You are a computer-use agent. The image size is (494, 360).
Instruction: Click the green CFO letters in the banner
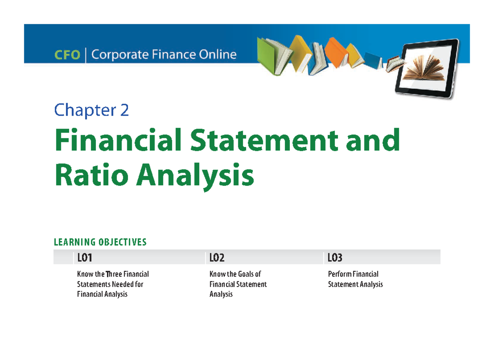(x=67, y=55)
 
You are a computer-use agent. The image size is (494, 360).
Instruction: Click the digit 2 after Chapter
(x=124, y=110)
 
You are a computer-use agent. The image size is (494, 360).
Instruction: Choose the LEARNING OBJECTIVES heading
(x=100, y=242)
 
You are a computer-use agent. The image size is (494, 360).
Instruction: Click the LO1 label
(x=84, y=258)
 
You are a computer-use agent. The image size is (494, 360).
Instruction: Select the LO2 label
(x=217, y=258)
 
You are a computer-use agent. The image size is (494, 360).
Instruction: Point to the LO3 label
(x=335, y=258)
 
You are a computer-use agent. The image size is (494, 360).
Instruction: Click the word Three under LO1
(x=114, y=274)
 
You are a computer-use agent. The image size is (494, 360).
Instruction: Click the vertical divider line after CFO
(x=86, y=55)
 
